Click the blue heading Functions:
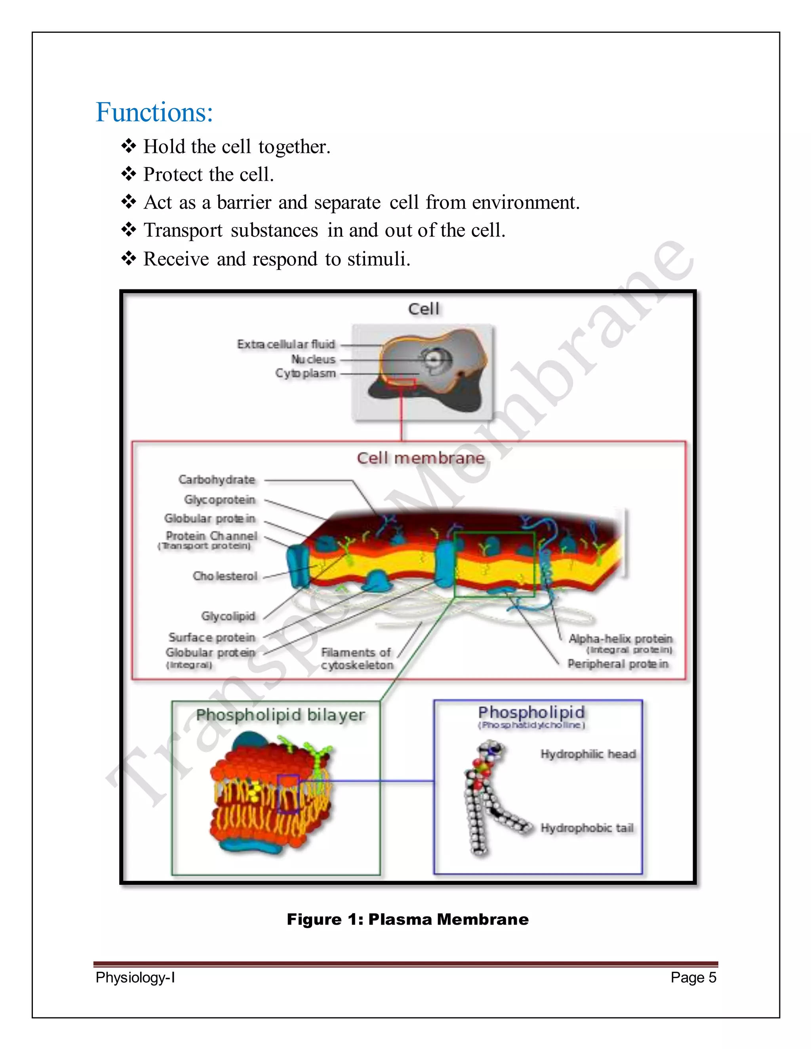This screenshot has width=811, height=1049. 154,112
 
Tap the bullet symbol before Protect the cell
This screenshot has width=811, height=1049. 129,174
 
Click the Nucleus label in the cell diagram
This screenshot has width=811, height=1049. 313,359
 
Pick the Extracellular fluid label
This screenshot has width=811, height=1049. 286,344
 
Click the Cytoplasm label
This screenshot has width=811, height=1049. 306,373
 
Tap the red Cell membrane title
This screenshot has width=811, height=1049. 421,458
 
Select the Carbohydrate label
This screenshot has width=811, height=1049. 217,479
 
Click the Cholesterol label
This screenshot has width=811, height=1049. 225,576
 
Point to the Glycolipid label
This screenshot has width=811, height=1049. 228,616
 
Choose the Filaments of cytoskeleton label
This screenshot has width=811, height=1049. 357,659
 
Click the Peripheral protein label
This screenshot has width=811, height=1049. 618,664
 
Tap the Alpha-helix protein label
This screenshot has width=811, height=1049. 620,639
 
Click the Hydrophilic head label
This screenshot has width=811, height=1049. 588,754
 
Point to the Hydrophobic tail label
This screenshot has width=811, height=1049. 587,828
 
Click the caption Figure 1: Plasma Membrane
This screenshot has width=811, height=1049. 407,919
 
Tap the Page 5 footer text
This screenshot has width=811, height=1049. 693,977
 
